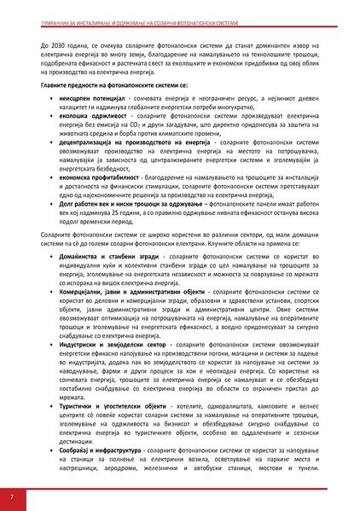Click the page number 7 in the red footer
point(11,496)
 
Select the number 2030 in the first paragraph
point(61,41)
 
